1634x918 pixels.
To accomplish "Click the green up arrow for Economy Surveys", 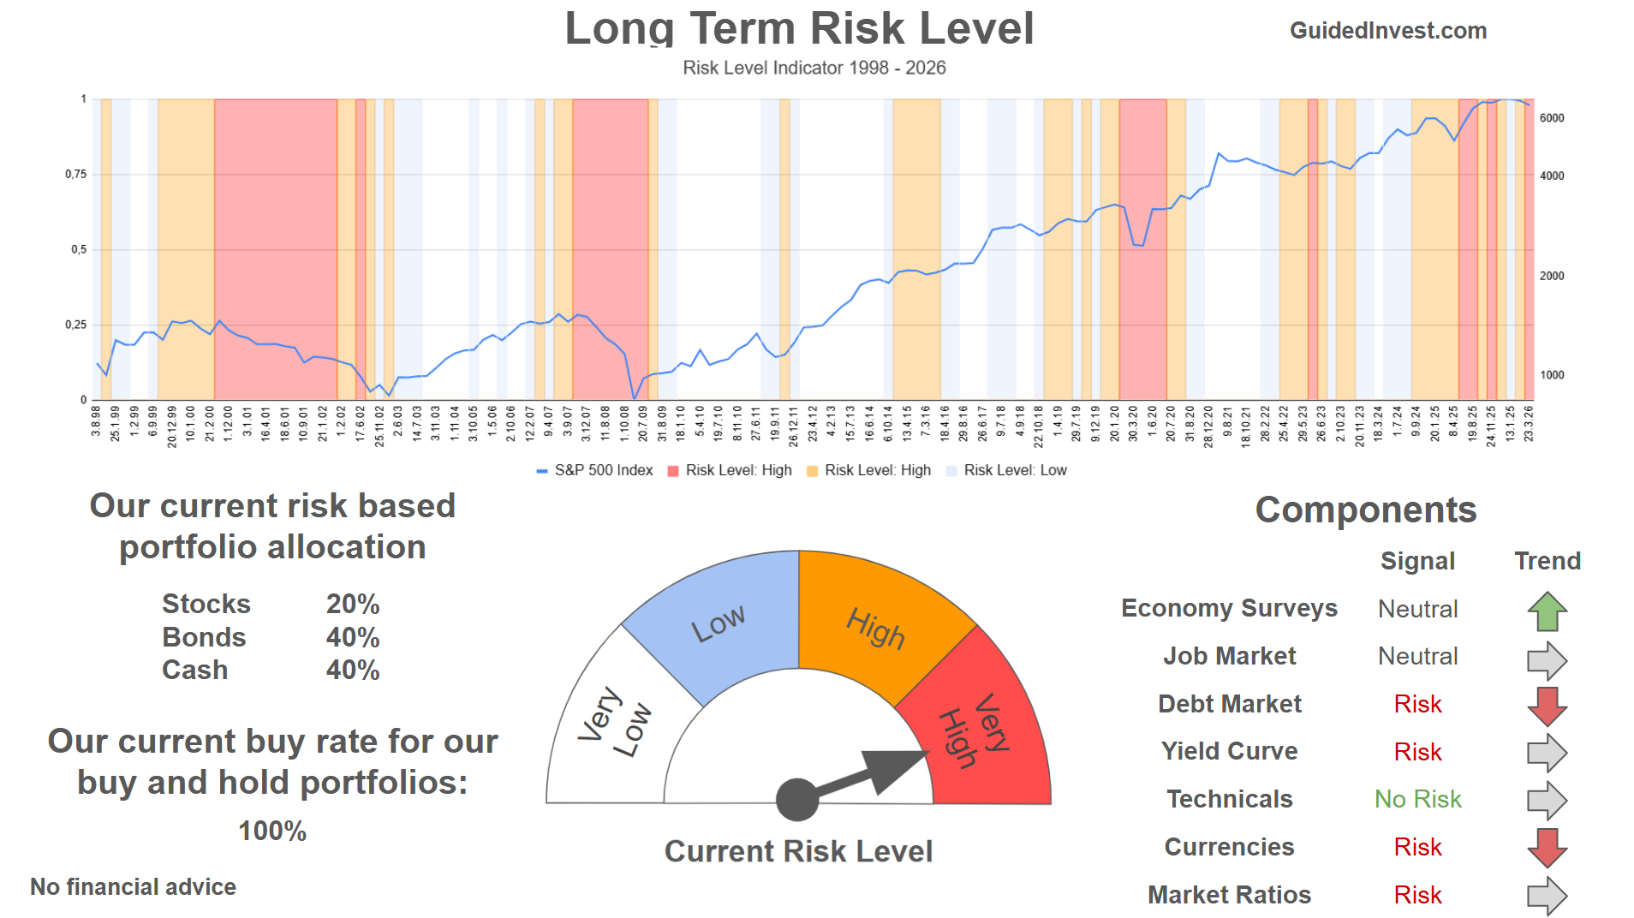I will (x=1547, y=611).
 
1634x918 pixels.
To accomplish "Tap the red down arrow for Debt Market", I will (x=1547, y=706).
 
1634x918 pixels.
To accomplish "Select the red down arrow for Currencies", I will (x=1547, y=848).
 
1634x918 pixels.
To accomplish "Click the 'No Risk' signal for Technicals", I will (x=1417, y=799).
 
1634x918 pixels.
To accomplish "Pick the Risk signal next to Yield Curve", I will (x=1417, y=752).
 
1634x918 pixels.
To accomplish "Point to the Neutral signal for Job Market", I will (x=1417, y=656).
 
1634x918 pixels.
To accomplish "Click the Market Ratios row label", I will (x=1229, y=895).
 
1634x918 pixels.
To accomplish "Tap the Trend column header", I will (x=1547, y=561).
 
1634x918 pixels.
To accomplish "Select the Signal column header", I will (x=1417, y=561).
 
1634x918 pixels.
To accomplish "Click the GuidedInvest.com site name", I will (x=1387, y=31).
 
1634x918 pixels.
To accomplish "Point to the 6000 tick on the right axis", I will (x=1552, y=118).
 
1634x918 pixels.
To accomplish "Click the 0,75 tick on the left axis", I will (x=76, y=175).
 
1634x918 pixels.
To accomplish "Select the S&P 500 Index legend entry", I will (x=603, y=470).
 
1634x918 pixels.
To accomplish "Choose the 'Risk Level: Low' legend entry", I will (x=1015, y=470).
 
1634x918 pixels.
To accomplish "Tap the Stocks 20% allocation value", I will (x=352, y=604).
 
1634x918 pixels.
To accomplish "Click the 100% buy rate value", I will (x=272, y=831).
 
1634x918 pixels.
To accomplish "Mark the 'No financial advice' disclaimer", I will (x=133, y=887).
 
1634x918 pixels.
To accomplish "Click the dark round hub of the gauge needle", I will (x=797, y=800).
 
